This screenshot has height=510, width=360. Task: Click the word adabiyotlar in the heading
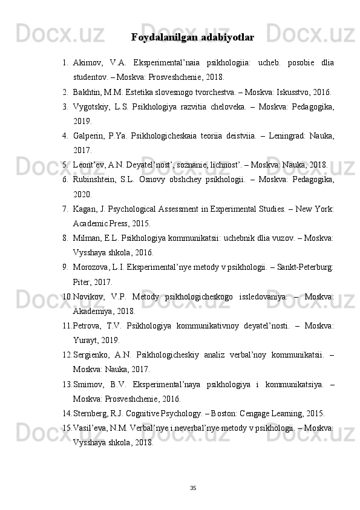pyautogui.click(x=224, y=38)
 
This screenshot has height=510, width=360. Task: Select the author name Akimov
pyautogui.click(x=88, y=64)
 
